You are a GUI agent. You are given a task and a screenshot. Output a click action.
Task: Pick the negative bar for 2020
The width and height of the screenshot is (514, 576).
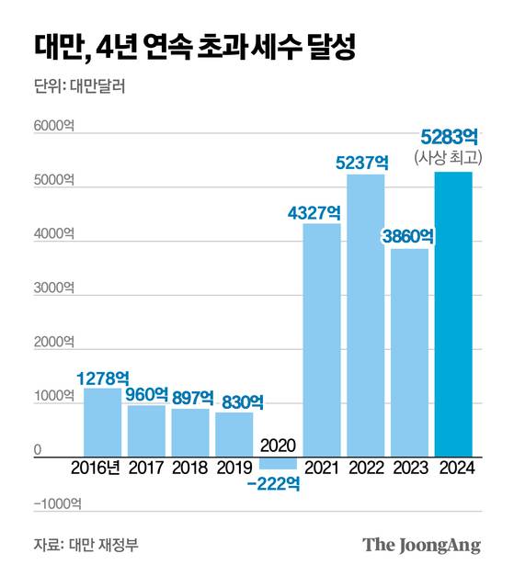[x=278, y=462]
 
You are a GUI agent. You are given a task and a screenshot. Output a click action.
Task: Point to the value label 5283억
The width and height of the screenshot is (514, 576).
[x=450, y=137]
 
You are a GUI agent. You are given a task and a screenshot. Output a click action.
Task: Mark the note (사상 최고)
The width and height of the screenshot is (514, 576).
[x=450, y=157]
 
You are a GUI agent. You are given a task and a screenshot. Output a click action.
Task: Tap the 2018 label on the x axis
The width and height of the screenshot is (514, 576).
[x=190, y=468]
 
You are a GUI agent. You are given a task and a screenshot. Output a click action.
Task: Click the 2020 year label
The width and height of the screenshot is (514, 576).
[x=278, y=446]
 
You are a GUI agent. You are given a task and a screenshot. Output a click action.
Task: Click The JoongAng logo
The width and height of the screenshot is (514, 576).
[x=421, y=545]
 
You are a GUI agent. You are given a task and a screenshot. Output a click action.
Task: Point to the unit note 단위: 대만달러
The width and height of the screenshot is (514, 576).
[x=79, y=89]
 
